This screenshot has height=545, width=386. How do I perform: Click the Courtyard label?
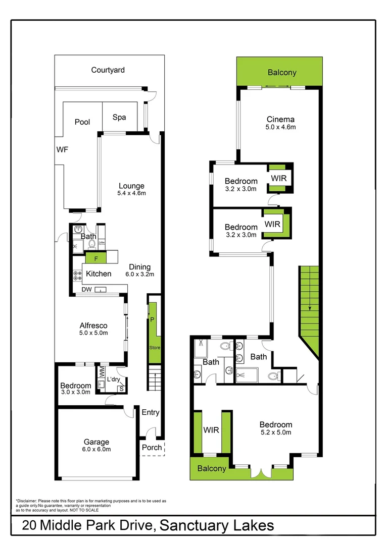click(108, 70)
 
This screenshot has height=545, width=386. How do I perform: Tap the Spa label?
click(119, 117)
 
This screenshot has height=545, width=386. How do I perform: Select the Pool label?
click(82, 122)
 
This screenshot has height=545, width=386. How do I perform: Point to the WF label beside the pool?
click(62, 149)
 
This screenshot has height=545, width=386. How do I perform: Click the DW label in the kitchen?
click(86, 290)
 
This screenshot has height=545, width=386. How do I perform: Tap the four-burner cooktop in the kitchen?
click(78, 275)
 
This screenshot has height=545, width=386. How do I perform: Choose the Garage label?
click(96, 442)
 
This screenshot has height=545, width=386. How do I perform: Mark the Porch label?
click(152, 447)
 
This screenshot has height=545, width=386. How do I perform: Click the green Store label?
click(154, 348)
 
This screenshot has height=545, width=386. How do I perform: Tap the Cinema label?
click(281, 120)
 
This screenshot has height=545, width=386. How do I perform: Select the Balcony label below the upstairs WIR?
click(212, 468)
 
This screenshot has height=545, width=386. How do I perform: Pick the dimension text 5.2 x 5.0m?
click(276, 432)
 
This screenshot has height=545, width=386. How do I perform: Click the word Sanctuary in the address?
click(191, 525)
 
